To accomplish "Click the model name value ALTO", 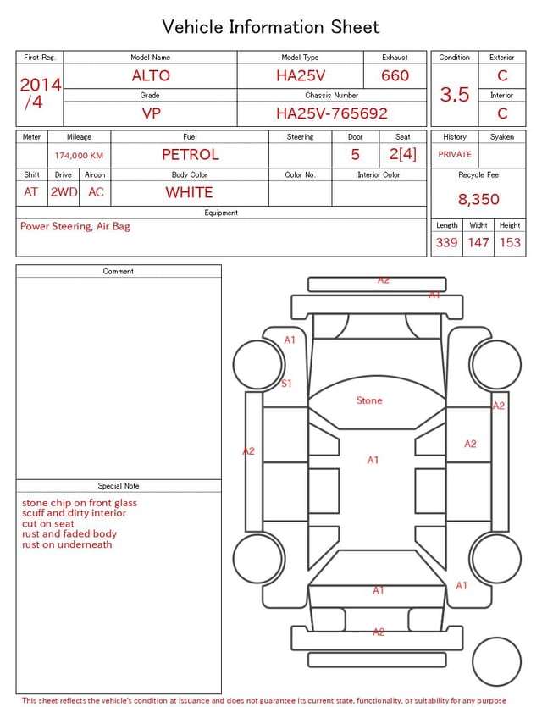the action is coord(151,75).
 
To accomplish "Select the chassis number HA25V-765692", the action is coord(332,113).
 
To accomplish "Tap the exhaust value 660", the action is coord(395,75).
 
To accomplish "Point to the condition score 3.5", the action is coord(455,94).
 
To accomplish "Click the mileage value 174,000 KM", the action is coord(79,156).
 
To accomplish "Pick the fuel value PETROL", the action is coord(191,155).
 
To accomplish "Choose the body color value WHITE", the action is coord(189,192).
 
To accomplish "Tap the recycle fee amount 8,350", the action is coord(478,199).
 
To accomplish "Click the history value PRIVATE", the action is coord(455,154).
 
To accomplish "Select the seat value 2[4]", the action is coord(402,154).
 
